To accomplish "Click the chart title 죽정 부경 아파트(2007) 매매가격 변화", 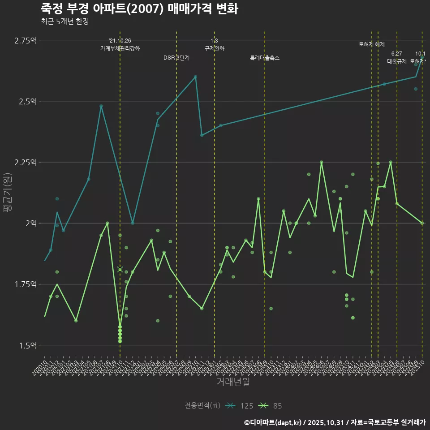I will (x=139, y=9).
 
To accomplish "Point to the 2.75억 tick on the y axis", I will (x=25, y=40).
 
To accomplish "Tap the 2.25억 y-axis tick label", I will (x=25, y=162).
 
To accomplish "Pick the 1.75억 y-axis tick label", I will (x=25, y=284).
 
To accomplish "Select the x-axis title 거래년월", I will (x=233, y=382).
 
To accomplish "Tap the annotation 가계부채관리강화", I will (x=120, y=48).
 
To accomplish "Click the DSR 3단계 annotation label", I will (x=176, y=58).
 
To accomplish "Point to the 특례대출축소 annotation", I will (x=265, y=58).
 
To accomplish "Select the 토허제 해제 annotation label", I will (x=372, y=44).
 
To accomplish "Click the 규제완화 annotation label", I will (x=214, y=48).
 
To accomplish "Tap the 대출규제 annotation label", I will (x=397, y=61).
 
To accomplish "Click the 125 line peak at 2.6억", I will (x=195, y=77).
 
